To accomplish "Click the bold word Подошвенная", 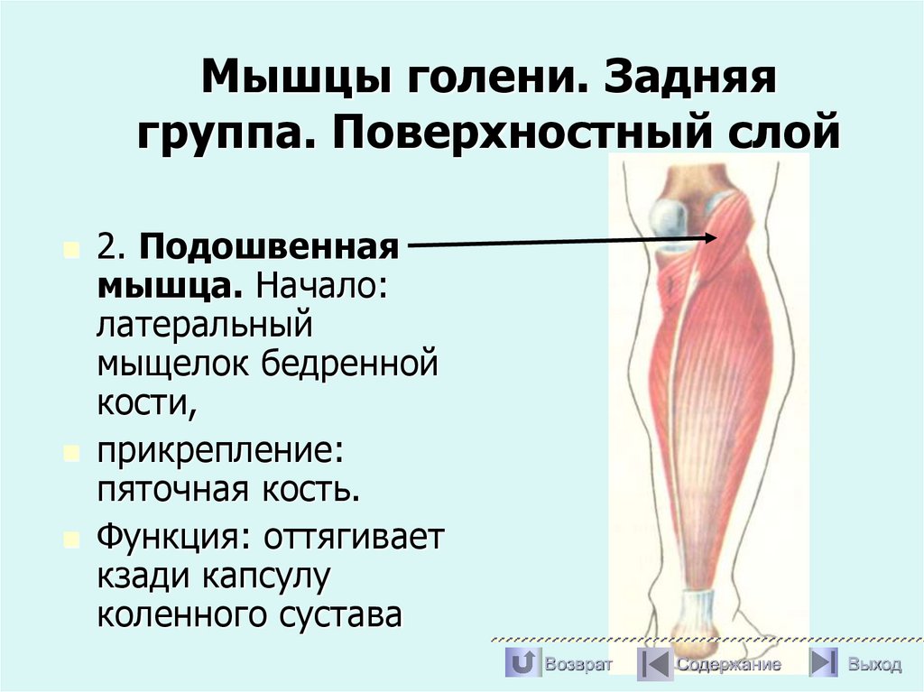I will point(269,246).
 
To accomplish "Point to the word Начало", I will point(322,286).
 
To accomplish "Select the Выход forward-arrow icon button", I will point(824,664).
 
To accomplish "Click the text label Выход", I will point(873,665).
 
